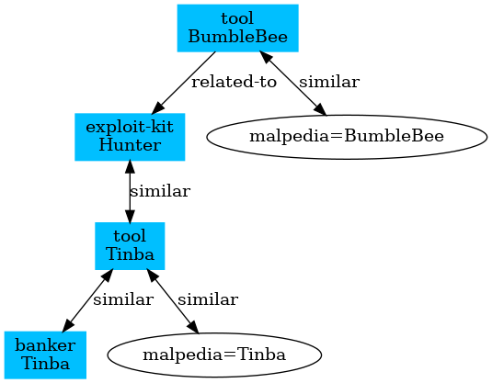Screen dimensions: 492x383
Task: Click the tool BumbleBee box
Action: [x=237, y=28]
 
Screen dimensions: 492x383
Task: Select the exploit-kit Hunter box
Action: [x=130, y=137]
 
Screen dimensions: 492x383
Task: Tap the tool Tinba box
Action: [x=130, y=246]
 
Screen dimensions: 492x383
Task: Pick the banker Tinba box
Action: [x=45, y=355]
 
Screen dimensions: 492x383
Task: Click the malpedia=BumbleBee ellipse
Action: [x=347, y=137]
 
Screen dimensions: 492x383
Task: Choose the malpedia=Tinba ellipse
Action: [x=214, y=355]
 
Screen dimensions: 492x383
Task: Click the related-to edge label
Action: [x=234, y=82]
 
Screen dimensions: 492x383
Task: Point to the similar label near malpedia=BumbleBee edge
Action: [x=329, y=82]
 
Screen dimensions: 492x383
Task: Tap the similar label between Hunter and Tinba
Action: [x=160, y=191]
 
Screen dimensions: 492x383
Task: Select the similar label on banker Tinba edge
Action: [x=123, y=300]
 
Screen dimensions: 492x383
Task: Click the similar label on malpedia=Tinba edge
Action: [x=208, y=300]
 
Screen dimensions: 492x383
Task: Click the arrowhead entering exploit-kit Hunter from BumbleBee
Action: [x=158, y=108]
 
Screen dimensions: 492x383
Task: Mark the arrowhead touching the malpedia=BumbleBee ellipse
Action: [x=320, y=108]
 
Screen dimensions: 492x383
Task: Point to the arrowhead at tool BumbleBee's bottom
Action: [x=266, y=58]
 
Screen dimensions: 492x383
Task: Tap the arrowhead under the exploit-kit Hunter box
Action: [x=130, y=167]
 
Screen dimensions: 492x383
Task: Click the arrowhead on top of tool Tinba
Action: [x=130, y=216]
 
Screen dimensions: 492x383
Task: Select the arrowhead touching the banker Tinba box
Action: [x=68, y=325]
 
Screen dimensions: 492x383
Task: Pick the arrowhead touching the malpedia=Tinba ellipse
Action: [x=192, y=327]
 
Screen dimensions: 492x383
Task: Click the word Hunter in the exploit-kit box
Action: [x=130, y=146]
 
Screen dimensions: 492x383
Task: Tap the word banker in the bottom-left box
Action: [x=45, y=345]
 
